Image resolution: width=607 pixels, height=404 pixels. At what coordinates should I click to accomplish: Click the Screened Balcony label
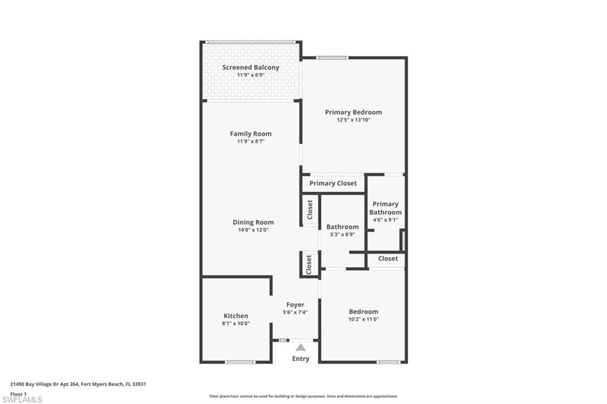click(x=251, y=68)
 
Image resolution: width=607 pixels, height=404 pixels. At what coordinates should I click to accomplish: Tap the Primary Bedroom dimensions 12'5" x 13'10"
click(x=353, y=120)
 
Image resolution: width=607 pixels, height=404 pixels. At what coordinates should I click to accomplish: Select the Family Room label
click(x=251, y=134)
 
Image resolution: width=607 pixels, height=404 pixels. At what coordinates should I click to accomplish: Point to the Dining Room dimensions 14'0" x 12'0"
click(x=253, y=230)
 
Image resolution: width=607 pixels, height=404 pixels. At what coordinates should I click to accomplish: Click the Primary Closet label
click(x=333, y=184)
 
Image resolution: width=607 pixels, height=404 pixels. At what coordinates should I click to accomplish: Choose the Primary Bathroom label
click(x=385, y=208)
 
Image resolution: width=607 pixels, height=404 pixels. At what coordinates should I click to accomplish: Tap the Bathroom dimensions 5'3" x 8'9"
click(x=342, y=235)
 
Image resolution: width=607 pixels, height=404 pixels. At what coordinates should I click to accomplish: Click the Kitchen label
click(x=236, y=316)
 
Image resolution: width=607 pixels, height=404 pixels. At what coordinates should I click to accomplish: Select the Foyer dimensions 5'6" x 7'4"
click(x=295, y=313)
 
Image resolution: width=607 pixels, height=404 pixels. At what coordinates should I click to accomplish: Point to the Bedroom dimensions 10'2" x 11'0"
click(x=363, y=319)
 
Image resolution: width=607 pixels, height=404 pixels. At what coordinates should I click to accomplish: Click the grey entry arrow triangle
click(x=301, y=348)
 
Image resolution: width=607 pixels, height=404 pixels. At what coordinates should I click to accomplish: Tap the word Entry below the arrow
click(x=301, y=359)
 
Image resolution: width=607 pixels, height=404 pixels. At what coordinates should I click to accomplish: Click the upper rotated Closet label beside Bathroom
click(x=309, y=210)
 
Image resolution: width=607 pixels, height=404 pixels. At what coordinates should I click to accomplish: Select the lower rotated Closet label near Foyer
click(x=309, y=265)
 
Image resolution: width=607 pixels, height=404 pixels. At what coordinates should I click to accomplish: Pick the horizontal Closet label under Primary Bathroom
click(x=388, y=259)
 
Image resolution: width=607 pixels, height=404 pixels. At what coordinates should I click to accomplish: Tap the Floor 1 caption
click(x=19, y=393)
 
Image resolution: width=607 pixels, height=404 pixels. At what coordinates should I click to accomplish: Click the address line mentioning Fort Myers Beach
click(x=78, y=384)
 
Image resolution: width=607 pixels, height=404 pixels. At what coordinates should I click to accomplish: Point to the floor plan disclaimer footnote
click(x=303, y=396)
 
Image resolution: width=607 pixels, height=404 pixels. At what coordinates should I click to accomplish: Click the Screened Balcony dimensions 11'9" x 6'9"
click(x=251, y=75)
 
